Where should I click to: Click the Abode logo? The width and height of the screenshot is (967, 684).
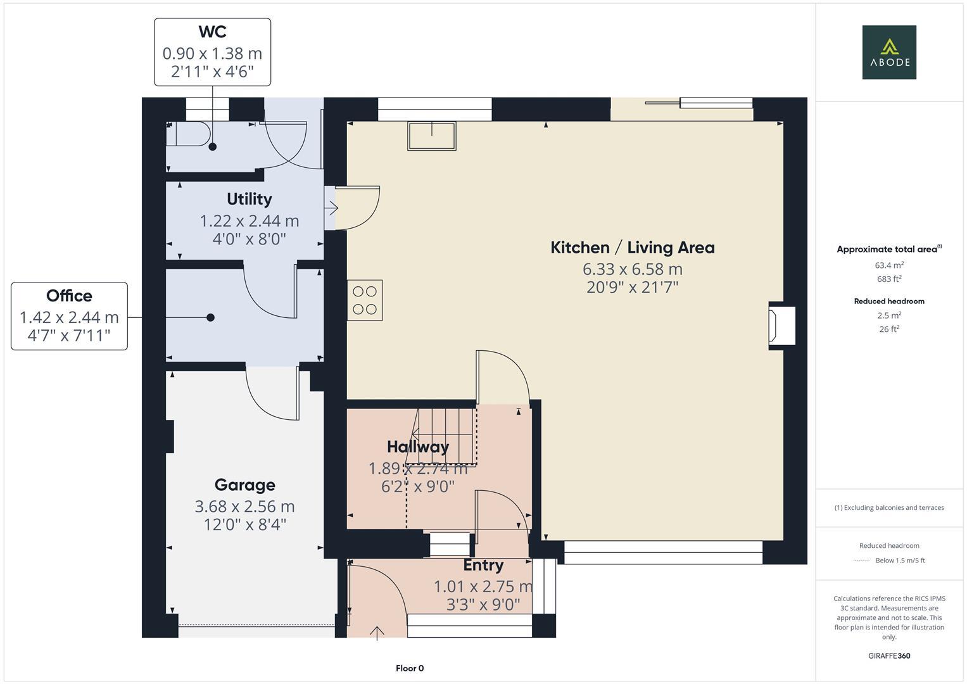(x=888, y=52)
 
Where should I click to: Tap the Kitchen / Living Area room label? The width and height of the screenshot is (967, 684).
(x=632, y=248)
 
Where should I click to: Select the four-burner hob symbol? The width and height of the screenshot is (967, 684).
(x=365, y=300)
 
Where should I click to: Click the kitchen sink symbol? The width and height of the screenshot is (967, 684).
(x=432, y=136)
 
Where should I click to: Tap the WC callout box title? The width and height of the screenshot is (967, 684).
(x=212, y=32)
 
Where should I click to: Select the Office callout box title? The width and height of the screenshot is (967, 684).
(x=69, y=296)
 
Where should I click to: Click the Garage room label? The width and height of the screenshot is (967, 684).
(x=244, y=485)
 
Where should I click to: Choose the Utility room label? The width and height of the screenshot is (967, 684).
(x=249, y=199)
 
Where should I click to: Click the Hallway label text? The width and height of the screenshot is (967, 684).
(x=418, y=446)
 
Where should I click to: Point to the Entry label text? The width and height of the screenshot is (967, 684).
(x=483, y=565)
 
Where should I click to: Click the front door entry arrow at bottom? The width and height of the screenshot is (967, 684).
(x=377, y=632)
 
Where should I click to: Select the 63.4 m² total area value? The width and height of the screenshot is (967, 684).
(x=889, y=265)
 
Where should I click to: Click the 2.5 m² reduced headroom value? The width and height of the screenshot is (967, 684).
(x=889, y=315)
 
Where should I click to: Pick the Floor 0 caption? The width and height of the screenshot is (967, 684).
(x=410, y=668)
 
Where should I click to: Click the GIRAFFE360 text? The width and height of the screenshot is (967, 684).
(x=889, y=655)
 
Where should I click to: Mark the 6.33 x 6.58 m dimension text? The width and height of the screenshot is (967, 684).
(x=632, y=269)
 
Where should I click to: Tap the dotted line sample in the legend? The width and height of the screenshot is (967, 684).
(x=862, y=560)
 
